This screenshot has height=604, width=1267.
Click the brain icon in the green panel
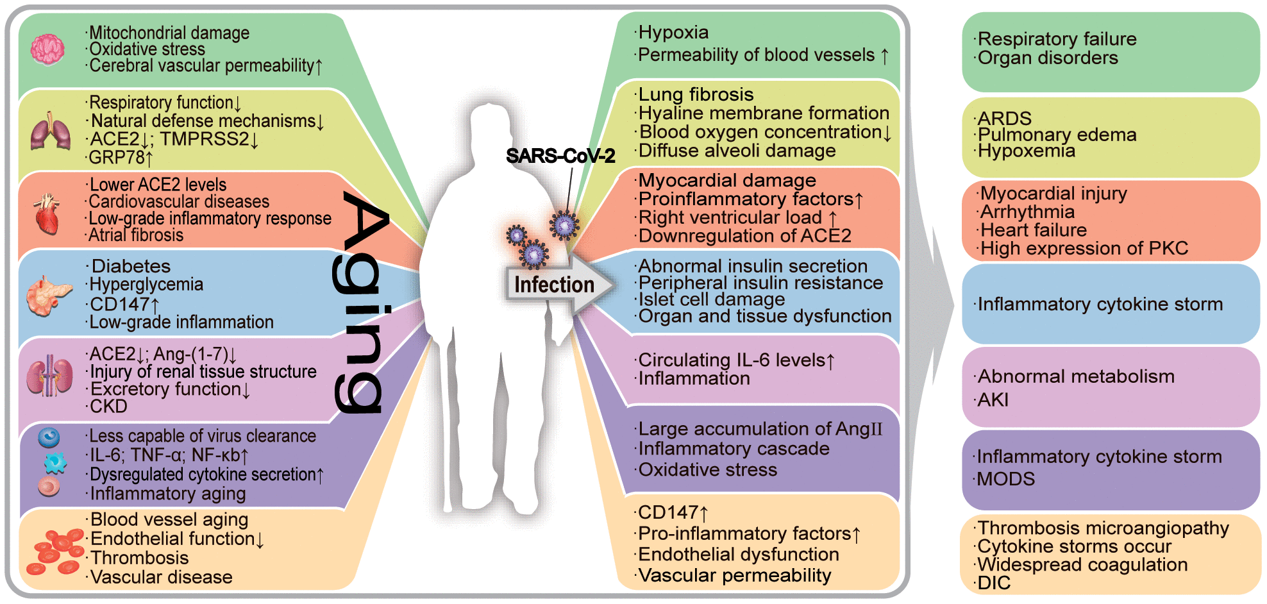click(47, 49)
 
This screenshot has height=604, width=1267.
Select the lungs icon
click(50, 131)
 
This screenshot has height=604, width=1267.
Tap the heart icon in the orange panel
click(47, 214)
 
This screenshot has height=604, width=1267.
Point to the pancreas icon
click(49, 296)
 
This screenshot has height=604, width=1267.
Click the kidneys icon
click(49, 376)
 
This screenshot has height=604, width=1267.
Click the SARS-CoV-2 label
click(560, 156)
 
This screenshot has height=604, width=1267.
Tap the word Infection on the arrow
click(554, 285)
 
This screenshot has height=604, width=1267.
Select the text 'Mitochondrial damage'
click(169, 33)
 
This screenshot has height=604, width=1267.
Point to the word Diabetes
click(131, 266)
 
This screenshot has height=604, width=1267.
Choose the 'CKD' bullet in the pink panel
click(108, 407)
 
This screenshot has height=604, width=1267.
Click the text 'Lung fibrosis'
click(696, 94)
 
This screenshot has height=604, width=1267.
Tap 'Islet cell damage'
click(711, 299)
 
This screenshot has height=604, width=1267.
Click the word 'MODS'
click(1005, 479)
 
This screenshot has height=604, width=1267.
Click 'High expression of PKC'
click(1084, 248)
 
